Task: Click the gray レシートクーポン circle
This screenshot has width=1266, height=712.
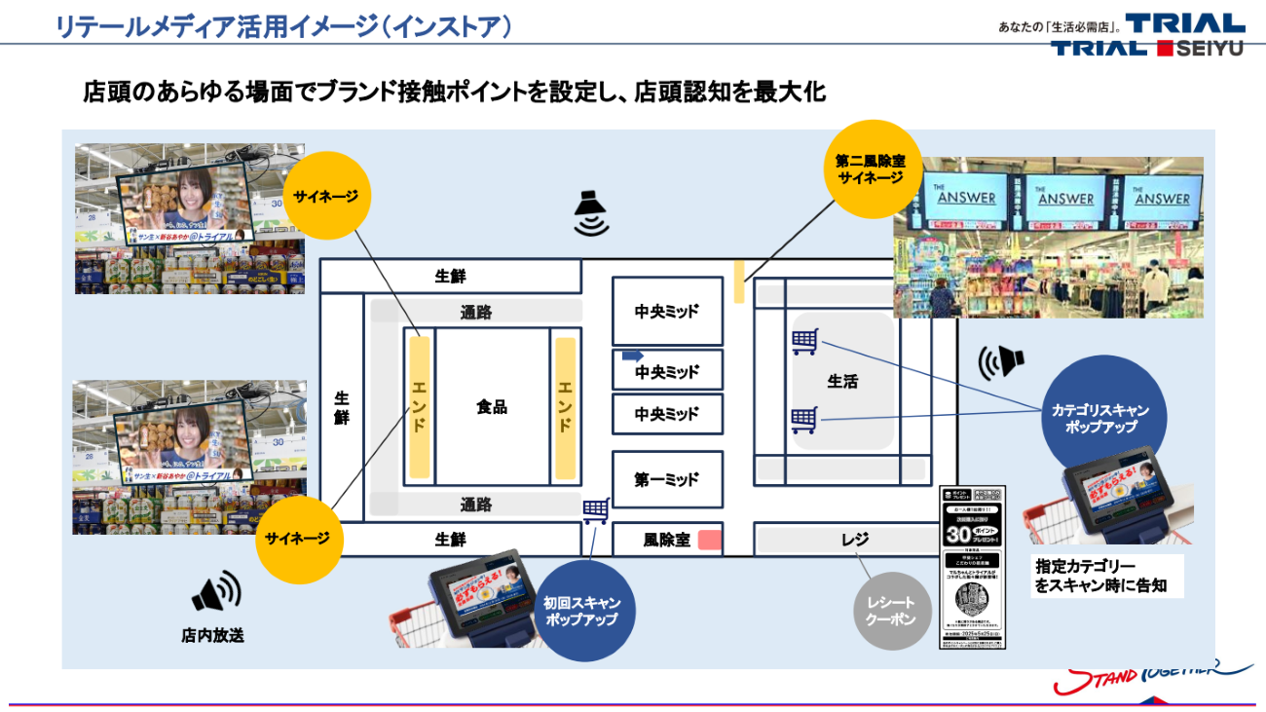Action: click(891, 611)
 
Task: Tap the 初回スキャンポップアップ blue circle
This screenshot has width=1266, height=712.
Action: click(580, 611)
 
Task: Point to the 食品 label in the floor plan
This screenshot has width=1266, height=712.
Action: click(492, 407)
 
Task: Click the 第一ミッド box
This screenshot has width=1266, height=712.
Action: click(667, 479)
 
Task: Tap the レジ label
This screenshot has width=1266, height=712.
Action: click(854, 539)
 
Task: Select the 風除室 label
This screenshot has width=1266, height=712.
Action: click(666, 540)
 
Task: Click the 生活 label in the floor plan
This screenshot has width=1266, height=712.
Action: click(842, 382)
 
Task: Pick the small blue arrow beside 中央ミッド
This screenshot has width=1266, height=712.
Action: click(633, 356)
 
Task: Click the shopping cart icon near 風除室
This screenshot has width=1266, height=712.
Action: click(595, 509)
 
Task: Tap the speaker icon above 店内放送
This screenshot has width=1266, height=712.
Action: click(215, 592)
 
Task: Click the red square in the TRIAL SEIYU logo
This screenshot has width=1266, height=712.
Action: click(1166, 48)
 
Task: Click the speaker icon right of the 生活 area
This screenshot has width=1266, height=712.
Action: click(1001, 361)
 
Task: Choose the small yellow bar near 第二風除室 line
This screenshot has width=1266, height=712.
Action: click(739, 281)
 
